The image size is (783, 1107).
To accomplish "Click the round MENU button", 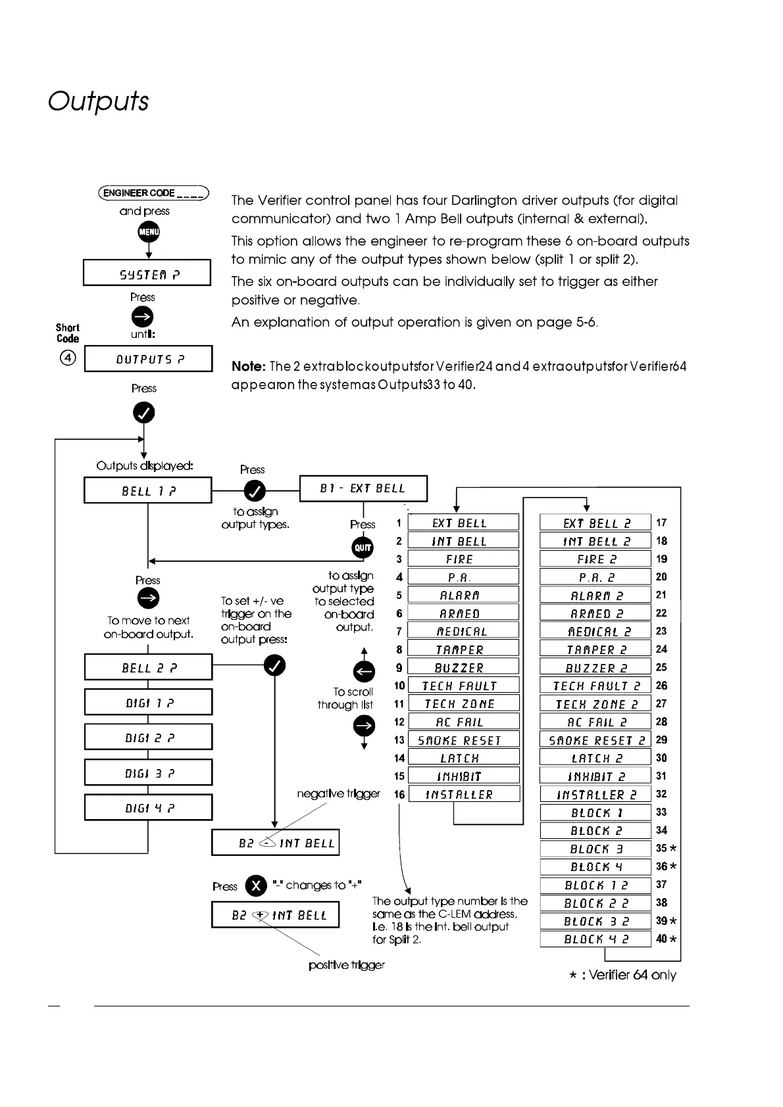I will tap(149, 232).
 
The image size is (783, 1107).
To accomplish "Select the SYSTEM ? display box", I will tap(147, 273).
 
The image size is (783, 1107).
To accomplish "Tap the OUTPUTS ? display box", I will tap(149, 359).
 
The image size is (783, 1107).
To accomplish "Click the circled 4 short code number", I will tap(68, 358).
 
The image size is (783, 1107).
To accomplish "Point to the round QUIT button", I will tap(363, 548).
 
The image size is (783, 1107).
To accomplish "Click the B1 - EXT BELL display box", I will tap(363, 488).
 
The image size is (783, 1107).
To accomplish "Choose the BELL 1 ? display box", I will tap(148, 490).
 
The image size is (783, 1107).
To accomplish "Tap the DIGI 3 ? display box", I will tap(148, 773).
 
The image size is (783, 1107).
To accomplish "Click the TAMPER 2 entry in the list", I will tap(595, 649).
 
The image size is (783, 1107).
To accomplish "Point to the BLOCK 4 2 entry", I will tap(595, 939).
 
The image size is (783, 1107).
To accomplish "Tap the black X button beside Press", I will tap(255, 885).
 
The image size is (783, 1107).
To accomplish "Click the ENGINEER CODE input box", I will tap(153, 193).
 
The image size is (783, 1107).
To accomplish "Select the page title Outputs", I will tap(99, 101).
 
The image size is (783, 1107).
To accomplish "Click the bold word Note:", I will tap(248, 366).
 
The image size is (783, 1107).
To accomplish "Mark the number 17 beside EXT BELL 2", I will tap(661, 523).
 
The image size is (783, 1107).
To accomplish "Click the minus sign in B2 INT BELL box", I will tap(266, 842).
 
